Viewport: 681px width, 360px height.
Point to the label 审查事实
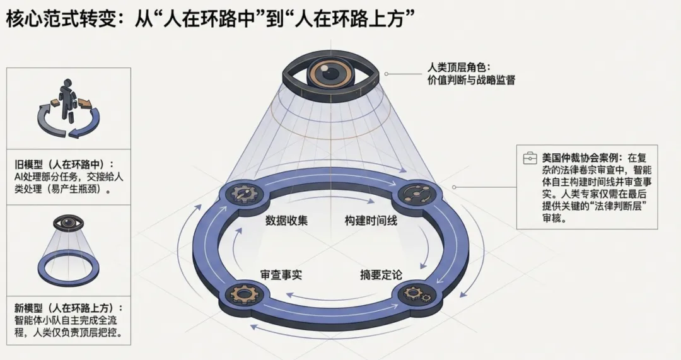coord(282,276)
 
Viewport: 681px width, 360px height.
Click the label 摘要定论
coord(381,276)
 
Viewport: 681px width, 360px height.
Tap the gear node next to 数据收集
coord(244,195)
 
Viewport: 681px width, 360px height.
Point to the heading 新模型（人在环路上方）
coord(69,308)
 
